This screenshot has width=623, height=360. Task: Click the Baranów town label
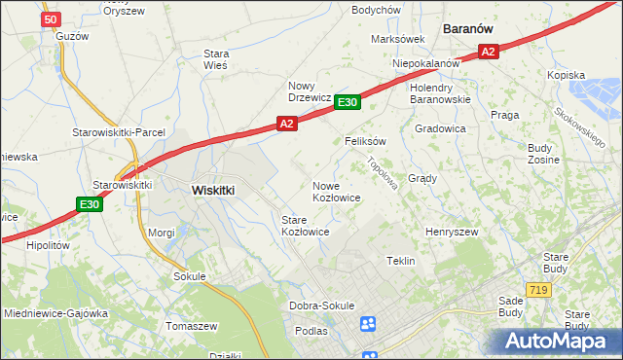[472, 29]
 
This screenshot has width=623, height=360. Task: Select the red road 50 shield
[52, 18]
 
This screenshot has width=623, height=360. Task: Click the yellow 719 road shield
[536, 290]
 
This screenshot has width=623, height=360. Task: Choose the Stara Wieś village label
[215, 59]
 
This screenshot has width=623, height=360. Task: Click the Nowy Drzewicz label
[311, 91]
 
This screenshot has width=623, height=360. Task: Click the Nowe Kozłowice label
[337, 192]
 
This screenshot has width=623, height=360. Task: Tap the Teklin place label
[401, 261]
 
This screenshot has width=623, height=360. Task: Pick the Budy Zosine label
[539, 153]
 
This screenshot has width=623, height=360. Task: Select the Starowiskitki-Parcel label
[119, 132]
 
